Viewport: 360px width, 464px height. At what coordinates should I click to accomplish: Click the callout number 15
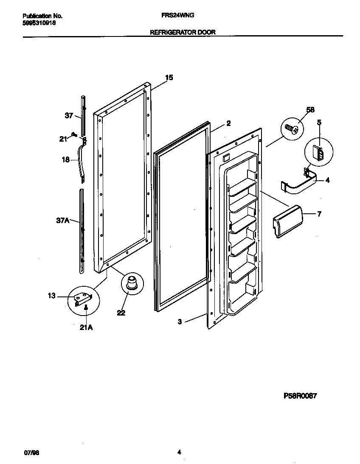point(169,78)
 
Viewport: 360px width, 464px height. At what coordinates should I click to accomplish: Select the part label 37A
point(62,220)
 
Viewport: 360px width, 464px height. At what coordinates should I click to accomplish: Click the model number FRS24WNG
point(178,16)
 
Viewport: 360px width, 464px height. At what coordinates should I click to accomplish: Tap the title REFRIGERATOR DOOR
point(183,32)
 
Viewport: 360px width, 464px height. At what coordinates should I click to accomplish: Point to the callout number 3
point(180,322)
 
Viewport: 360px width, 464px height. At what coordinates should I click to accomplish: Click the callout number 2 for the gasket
point(228,123)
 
